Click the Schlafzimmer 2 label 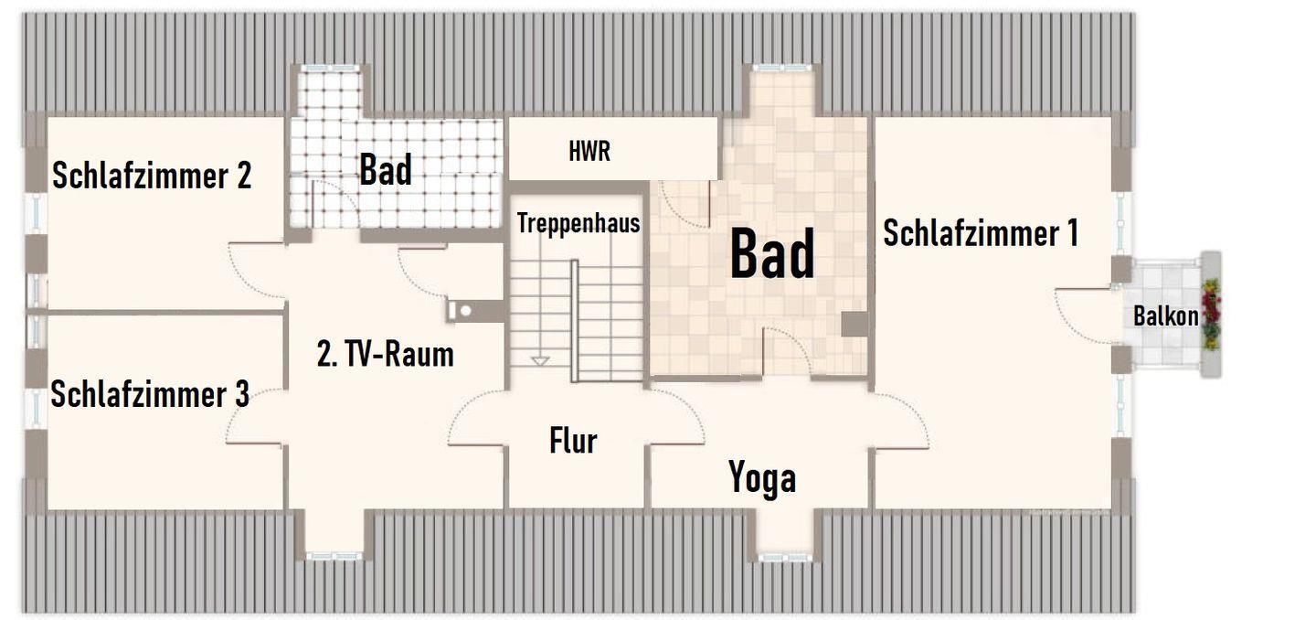(x=152, y=176)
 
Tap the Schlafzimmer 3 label (x=150, y=394)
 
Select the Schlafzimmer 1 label (x=982, y=232)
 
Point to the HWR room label (x=589, y=152)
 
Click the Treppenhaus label (x=578, y=224)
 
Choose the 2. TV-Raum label (x=386, y=354)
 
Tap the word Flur (x=573, y=441)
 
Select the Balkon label (x=1165, y=316)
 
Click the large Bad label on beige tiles (x=772, y=254)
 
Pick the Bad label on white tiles (x=386, y=169)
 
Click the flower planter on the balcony (x=1211, y=315)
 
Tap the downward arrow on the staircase (x=539, y=361)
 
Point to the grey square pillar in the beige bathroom (x=854, y=324)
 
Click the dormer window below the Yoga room (x=785, y=557)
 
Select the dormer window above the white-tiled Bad (x=332, y=69)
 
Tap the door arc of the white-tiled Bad (x=334, y=204)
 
